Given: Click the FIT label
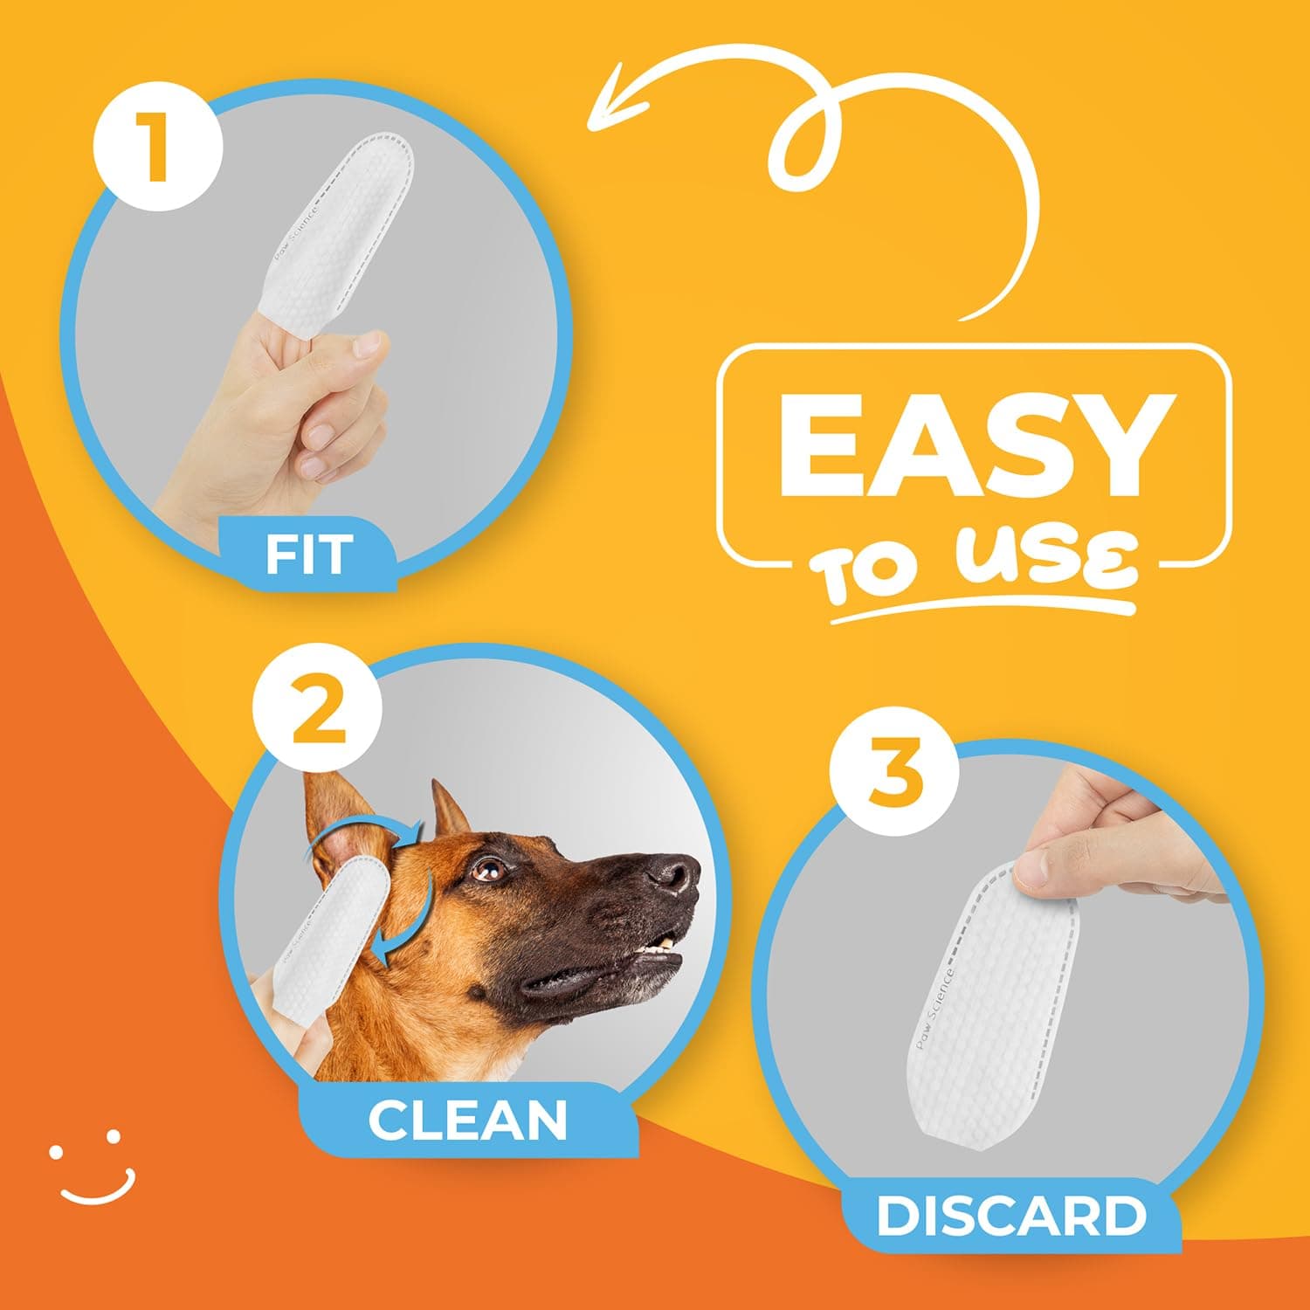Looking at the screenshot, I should (x=309, y=554).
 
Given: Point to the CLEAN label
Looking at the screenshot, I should (x=467, y=1120).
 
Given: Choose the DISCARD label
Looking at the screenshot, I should (x=1010, y=1216).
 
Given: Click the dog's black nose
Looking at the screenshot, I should (x=674, y=872).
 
